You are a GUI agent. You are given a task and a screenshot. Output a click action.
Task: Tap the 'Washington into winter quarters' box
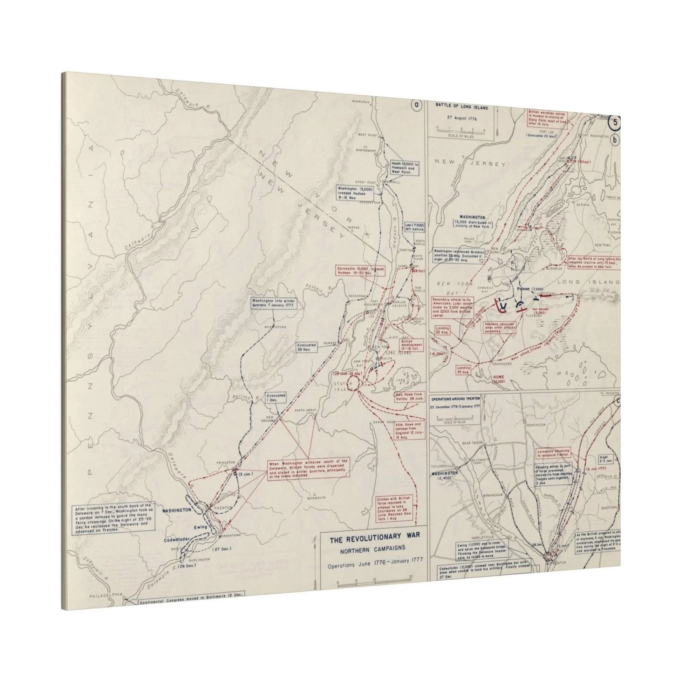274,302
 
